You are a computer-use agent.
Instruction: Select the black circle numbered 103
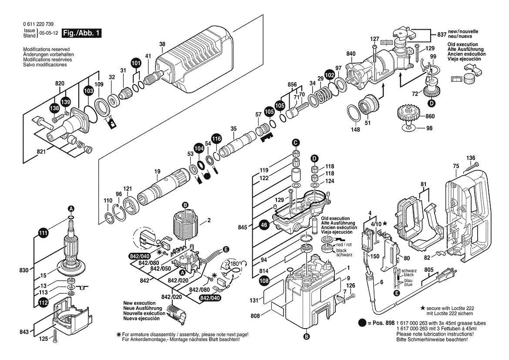click(x=88, y=90)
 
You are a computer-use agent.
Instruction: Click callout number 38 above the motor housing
click(x=162, y=44)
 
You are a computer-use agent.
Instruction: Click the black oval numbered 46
click(x=263, y=225)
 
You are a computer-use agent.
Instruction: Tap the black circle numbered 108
click(x=264, y=282)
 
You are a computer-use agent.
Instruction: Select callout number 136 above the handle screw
click(x=471, y=158)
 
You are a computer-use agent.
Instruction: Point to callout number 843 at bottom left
click(x=24, y=332)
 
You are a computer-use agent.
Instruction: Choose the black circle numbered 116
click(x=216, y=139)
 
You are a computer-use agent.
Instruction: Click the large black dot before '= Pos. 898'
click(x=362, y=323)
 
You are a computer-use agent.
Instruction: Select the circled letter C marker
click(x=296, y=142)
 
